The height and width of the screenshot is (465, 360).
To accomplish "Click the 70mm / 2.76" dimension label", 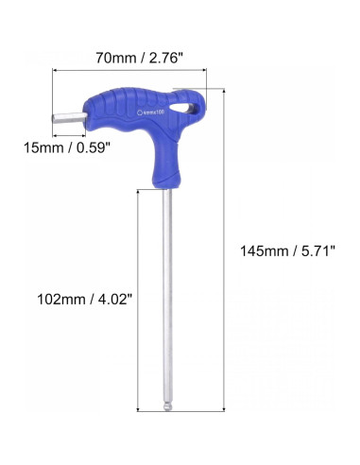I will tap(139, 58).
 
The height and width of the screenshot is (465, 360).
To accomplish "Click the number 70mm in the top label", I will tap(114, 58).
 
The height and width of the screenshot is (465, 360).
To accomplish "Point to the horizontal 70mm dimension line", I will tap(131, 72).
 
